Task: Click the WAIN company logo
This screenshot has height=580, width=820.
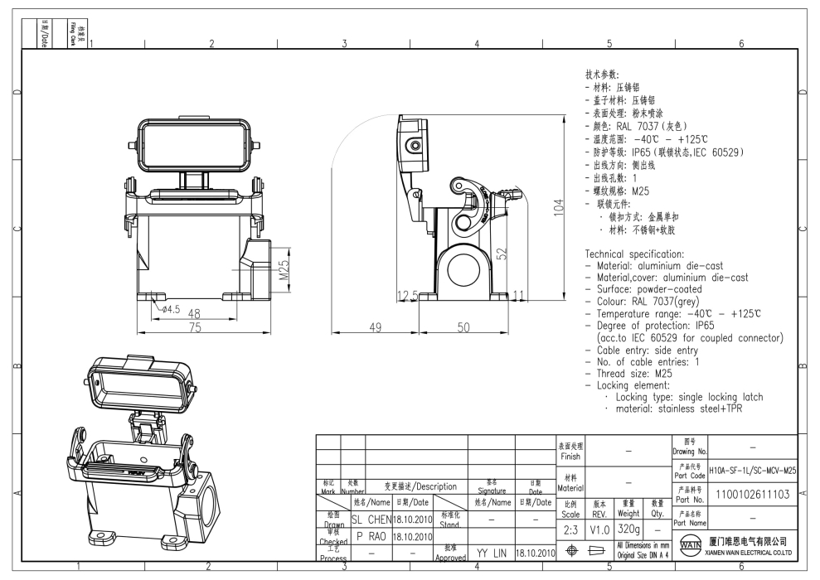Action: point(689,549)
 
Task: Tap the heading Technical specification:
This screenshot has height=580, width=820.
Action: point(634,254)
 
